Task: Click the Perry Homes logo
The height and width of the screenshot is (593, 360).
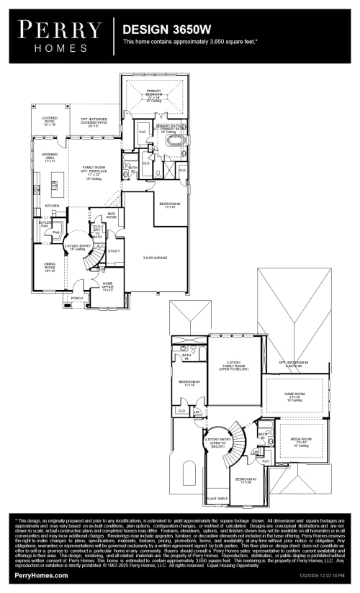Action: (x=60, y=34)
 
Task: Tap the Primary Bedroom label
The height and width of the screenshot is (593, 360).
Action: (x=155, y=94)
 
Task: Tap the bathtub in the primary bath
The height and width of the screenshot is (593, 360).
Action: (x=175, y=140)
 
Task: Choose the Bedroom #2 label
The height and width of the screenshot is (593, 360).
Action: (x=169, y=205)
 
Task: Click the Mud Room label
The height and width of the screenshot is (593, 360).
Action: (x=112, y=215)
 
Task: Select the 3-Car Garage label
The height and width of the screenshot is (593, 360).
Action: (x=155, y=257)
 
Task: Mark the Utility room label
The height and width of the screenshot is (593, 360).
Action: (x=114, y=251)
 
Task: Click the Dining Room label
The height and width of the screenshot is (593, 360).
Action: (x=50, y=266)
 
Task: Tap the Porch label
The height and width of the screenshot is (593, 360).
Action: (x=76, y=298)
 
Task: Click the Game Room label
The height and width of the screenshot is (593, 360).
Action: (x=294, y=394)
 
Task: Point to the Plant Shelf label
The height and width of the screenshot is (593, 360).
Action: (x=217, y=497)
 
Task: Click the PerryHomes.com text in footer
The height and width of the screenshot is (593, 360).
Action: (x=42, y=576)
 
